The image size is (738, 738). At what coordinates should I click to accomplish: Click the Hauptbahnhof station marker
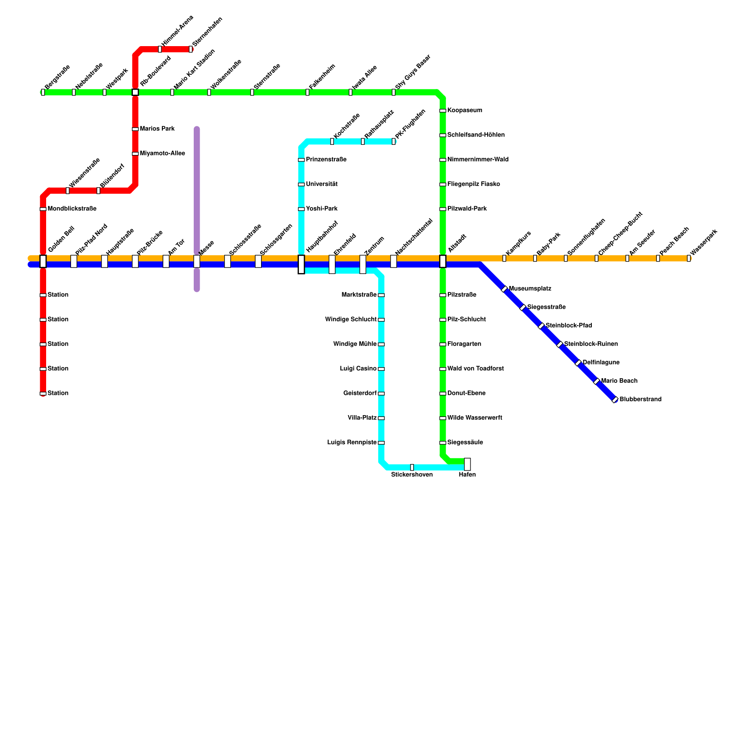point(301,264)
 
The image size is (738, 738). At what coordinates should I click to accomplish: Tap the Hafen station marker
point(467,464)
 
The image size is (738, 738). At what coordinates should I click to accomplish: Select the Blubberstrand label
point(640,399)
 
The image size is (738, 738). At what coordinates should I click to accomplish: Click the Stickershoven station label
point(412,475)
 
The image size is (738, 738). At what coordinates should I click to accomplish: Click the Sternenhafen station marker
point(190,49)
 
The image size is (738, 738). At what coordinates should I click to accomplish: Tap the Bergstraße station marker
point(43,92)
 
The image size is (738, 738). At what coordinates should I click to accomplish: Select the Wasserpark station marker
point(689,258)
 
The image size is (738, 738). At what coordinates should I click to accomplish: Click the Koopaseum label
point(464,111)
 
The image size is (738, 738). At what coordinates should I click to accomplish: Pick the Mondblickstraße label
point(72,209)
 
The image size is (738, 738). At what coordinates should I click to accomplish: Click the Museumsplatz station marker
point(504,289)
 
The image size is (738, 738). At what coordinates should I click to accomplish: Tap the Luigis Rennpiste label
point(352,443)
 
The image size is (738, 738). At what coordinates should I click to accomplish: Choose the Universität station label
point(321,184)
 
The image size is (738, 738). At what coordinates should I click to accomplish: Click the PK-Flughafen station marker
point(393,142)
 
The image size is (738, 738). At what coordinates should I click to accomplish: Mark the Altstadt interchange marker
point(443,262)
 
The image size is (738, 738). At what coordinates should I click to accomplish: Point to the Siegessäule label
point(465,443)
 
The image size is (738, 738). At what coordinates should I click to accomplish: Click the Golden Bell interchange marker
point(43,262)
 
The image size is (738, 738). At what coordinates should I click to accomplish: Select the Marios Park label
point(157,129)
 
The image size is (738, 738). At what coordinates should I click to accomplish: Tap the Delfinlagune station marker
point(578,363)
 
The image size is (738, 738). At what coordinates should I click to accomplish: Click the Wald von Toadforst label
point(476,369)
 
